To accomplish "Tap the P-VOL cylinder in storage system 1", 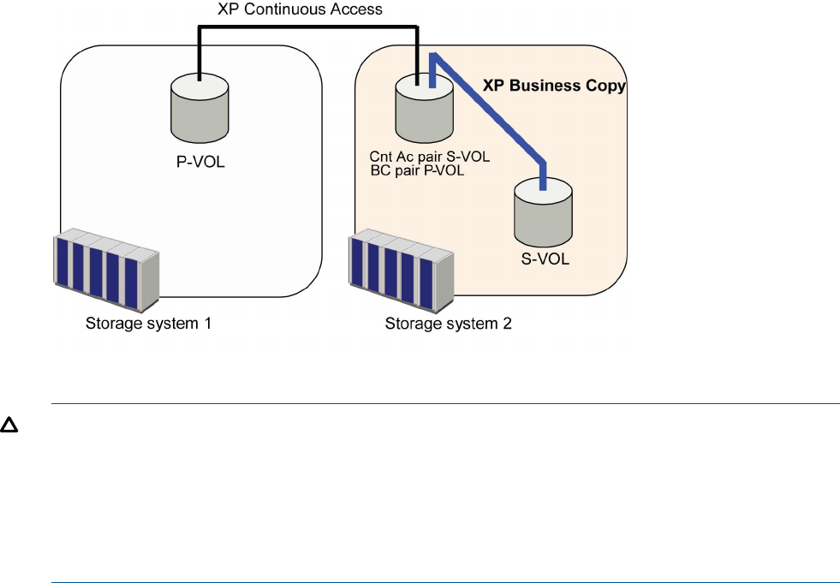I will click(x=199, y=109).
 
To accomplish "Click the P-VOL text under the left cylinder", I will click(x=198, y=161).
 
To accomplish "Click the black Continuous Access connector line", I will click(x=308, y=29).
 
